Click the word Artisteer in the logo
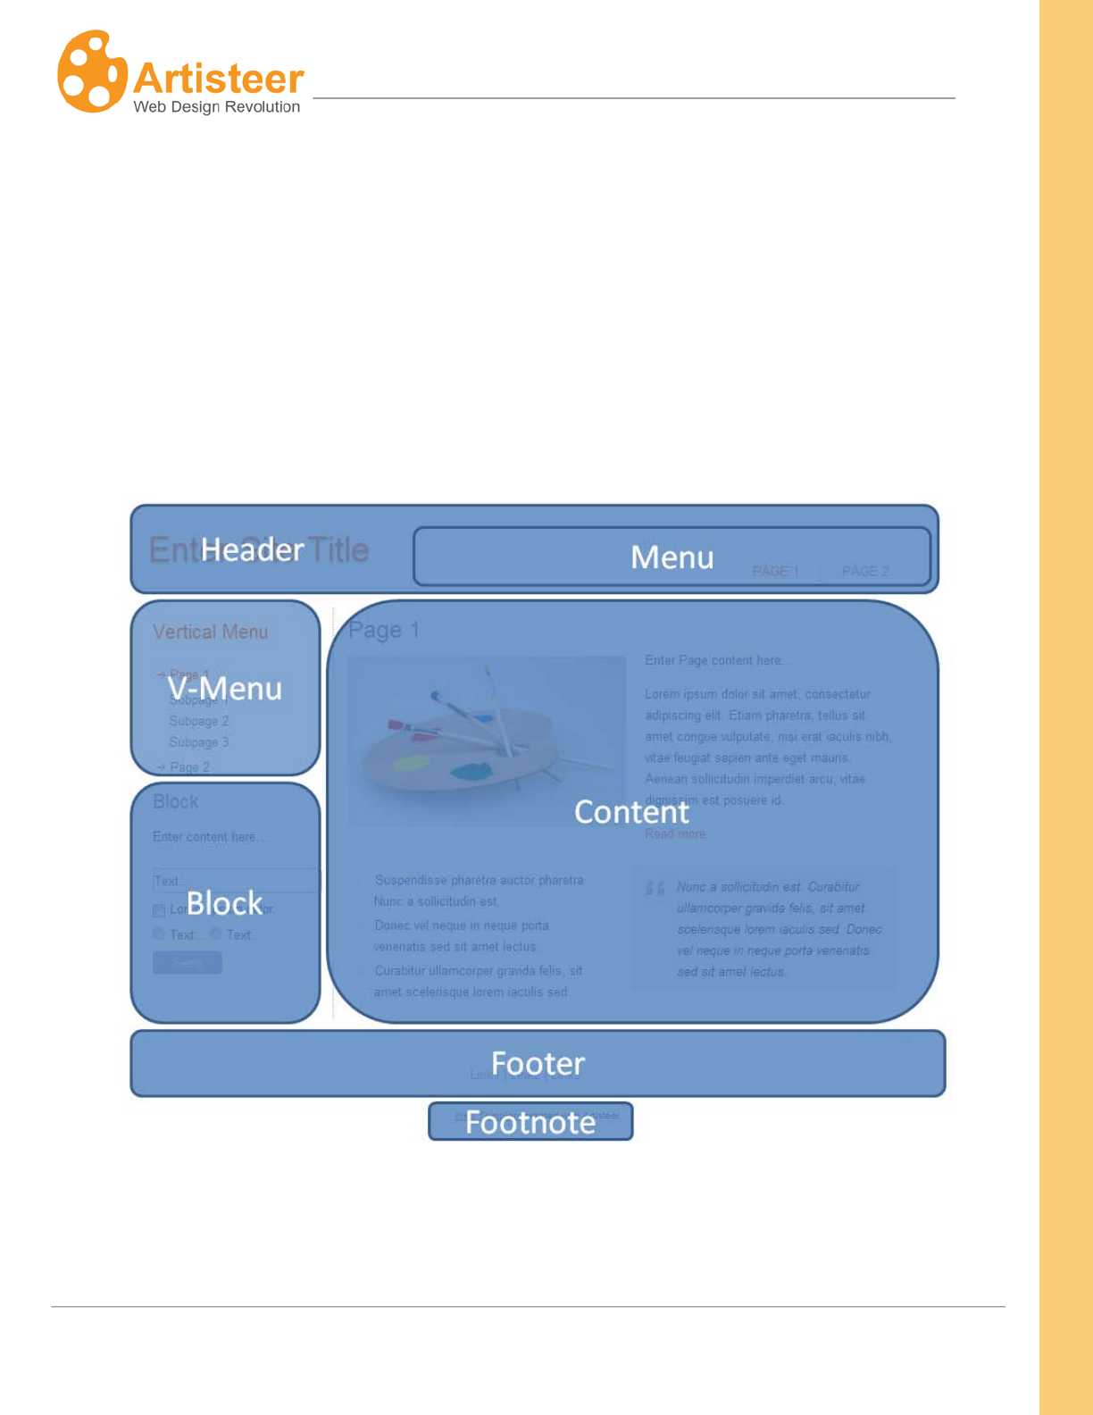[219, 79]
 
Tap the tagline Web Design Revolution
[216, 107]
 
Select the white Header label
[252, 549]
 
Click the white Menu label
[672, 557]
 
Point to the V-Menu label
[224, 689]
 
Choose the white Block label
[224, 903]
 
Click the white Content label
[631, 812]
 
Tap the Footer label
[538, 1063]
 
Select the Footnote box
[530, 1122]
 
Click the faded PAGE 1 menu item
[775, 572]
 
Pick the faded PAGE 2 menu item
[865, 572]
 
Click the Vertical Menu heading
[210, 632]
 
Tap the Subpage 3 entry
[199, 742]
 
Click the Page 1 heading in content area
[384, 631]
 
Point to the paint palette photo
[487, 741]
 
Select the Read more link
[675, 834]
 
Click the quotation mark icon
[655, 889]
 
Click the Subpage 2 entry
[199, 721]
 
